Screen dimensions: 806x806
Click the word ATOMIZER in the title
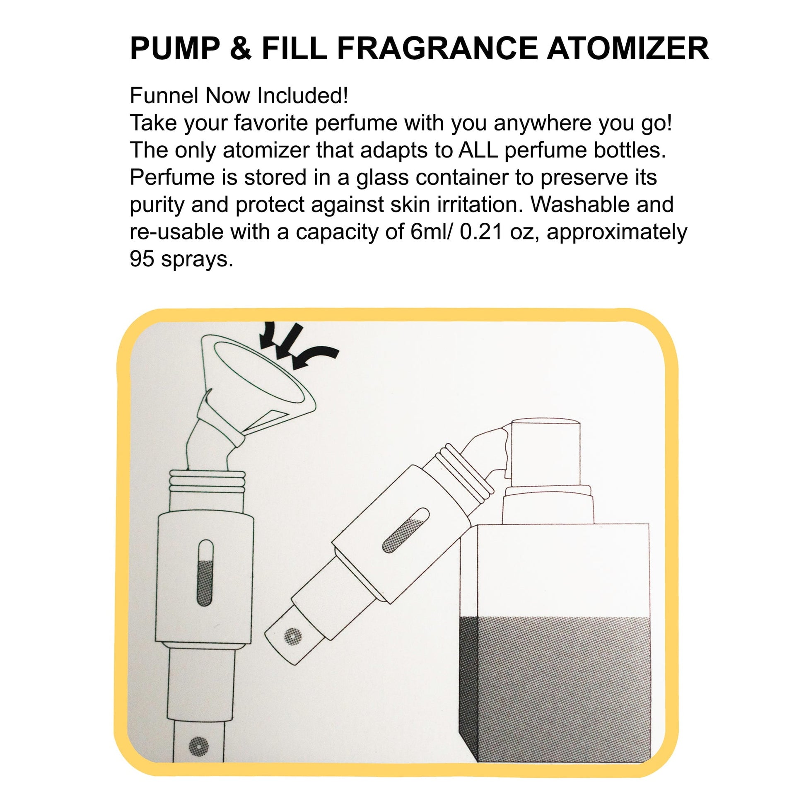pyautogui.click(x=628, y=48)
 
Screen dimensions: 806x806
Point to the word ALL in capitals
pyautogui.click(x=478, y=150)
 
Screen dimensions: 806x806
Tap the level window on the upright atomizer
pyautogui.click(x=205, y=573)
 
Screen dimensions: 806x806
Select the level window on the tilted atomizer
pyautogui.click(x=405, y=530)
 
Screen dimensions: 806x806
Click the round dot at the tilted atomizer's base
pyautogui.click(x=292, y=636)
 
